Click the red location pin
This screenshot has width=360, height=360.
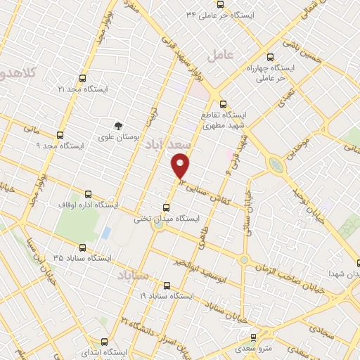click(181, 165)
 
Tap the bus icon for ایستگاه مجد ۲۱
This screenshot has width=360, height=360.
click(83, 79)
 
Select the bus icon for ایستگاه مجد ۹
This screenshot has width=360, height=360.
click(60, 135)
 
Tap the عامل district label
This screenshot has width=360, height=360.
click(220, 54)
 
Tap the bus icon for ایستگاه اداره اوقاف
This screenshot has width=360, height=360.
click(88, 194)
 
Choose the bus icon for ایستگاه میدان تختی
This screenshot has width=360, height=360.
click(166, 207)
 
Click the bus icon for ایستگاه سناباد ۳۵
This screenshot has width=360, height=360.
click(83, 247)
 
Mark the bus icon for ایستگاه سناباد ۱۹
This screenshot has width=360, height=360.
click(166, 285)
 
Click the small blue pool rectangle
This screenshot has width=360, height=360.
click(106, 232)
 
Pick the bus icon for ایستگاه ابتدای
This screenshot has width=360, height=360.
click(104, 342)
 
